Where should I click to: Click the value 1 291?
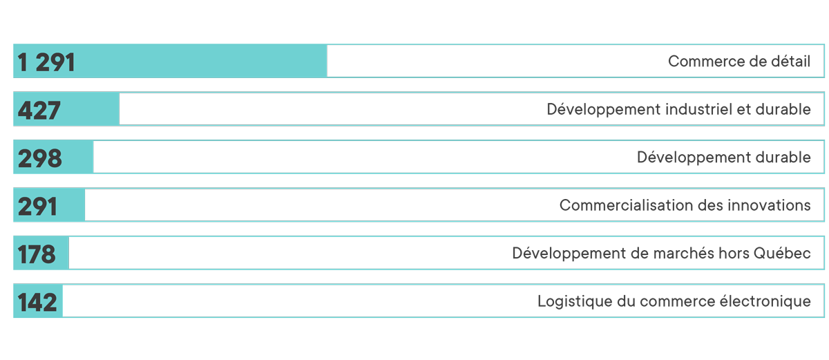(46, 61)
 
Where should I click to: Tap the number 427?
(39, 111)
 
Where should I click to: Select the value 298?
(39, 158)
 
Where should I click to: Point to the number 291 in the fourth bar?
(37, 206)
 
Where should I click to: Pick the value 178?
(37, 254)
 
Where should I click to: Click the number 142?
(37, 302)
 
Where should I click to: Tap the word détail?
(790, 61)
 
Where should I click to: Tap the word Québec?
(782, 253)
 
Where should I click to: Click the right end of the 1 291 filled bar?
(327, 61)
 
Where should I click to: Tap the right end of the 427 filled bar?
(119, 109)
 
